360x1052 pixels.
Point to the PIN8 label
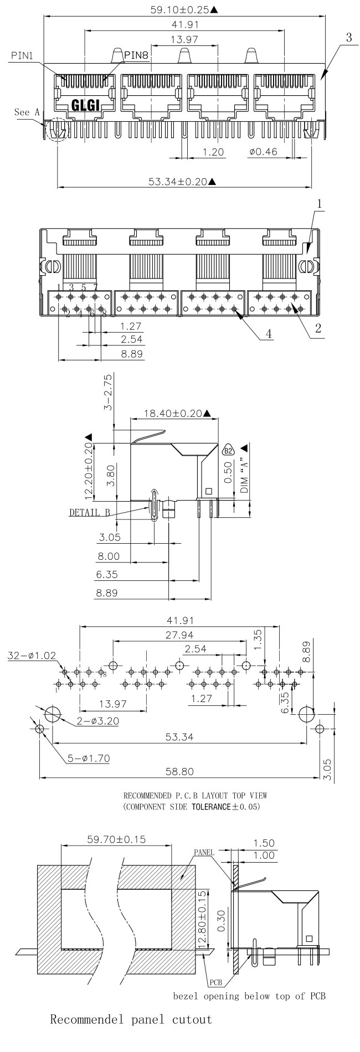[136, 54]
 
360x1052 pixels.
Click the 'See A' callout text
[27, 112]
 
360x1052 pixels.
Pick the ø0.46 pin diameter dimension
[263, 151]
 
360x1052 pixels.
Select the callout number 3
[349, 38]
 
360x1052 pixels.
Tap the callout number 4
[268, 334]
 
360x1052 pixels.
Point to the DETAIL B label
[89, 512]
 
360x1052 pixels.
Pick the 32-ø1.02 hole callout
[32, 656]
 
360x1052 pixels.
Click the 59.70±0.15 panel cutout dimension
[116, 839]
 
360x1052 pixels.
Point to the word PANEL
[204, 853]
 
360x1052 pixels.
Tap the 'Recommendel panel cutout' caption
[131, 1034]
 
